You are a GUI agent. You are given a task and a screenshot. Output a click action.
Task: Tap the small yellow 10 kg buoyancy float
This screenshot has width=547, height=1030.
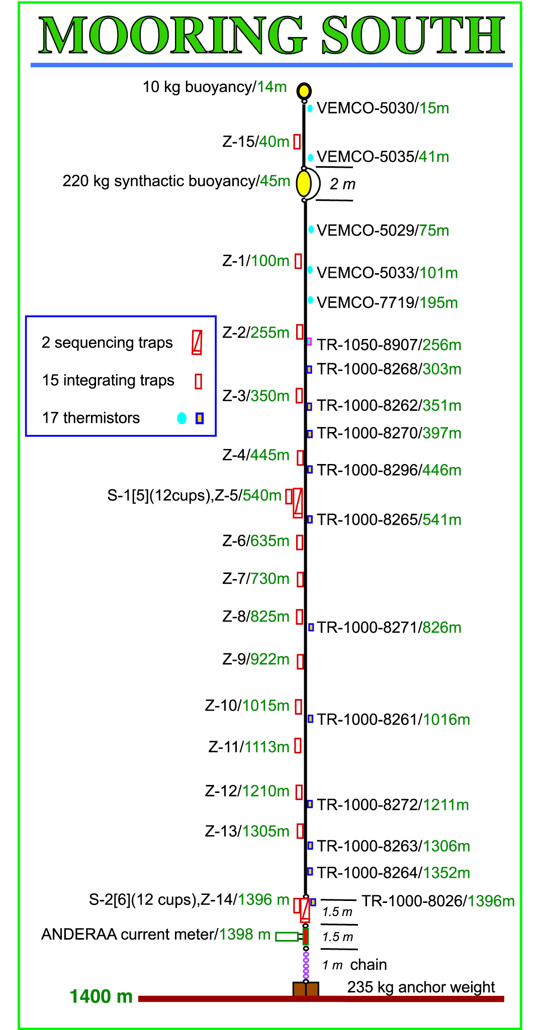coord(304,91)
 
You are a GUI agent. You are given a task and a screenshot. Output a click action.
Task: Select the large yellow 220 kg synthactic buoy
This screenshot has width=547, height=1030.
coord(303,184)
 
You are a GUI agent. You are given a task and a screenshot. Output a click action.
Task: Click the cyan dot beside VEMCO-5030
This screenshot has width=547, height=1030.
coord(310,108)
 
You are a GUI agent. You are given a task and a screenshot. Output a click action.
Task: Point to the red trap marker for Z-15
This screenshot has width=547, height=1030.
coord(297,142)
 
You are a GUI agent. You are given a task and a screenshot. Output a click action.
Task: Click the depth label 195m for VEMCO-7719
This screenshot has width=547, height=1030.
coord(439,303)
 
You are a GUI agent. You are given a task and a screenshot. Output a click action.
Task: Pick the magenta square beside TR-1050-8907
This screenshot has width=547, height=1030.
coord(309,341)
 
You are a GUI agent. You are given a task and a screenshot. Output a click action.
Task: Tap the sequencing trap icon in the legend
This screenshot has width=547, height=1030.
coord(197,342)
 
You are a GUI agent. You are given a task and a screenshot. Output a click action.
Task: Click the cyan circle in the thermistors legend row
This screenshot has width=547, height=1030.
coord(182,418)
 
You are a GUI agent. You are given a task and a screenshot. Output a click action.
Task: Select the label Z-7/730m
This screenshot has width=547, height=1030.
coord(256,579)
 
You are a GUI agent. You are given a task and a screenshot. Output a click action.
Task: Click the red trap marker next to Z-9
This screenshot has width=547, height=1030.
coord(300,661)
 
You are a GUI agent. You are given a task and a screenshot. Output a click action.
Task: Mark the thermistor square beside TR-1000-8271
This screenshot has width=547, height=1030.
coord(311,627)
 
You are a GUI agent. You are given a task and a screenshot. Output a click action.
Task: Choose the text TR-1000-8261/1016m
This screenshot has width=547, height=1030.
coord(394,720)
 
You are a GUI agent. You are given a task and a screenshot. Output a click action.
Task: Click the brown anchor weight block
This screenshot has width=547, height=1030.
coord(306,989)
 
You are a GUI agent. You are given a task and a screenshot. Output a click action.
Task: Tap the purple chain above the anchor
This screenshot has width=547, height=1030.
coord(306,965)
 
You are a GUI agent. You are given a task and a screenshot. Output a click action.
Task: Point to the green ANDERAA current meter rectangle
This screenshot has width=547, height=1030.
coord(287,936)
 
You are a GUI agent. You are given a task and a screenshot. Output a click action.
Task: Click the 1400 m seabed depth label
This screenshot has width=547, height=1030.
coord(101,997)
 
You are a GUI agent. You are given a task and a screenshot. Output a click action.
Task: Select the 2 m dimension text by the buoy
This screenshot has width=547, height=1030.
coord(342,184)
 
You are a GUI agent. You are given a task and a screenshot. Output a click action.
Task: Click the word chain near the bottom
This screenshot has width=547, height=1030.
coord(369,965)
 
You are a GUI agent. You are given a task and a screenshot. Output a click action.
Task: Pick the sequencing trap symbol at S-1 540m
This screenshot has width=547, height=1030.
coord(298,503)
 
